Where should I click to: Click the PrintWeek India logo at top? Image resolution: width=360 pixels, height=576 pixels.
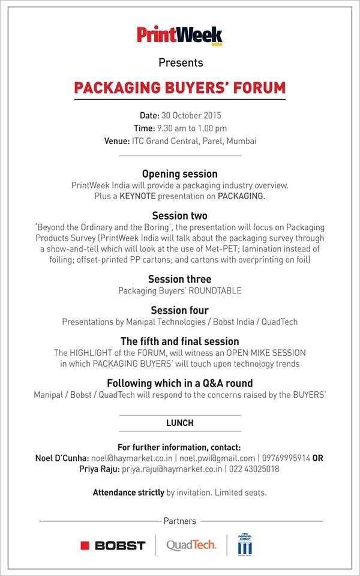pos(179,34)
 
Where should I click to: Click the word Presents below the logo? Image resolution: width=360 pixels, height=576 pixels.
pos(181,62)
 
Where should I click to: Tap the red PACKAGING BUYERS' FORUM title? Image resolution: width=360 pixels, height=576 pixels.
pos(180,88)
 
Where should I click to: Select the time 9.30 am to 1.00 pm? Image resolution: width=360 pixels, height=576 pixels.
pos(191,128)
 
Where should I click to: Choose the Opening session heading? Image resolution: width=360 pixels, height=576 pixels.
pos(180,174)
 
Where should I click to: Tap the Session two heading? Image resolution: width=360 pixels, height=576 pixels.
pos(180,215)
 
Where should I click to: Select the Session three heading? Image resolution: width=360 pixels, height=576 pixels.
pos(180,279)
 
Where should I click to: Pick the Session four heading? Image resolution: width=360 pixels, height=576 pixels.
pos(180,310)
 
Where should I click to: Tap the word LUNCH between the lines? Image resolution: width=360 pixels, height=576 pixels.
pos(180,423)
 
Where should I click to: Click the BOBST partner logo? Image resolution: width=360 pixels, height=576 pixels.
pos(113,545)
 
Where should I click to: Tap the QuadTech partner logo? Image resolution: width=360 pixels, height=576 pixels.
pos(191,545)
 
